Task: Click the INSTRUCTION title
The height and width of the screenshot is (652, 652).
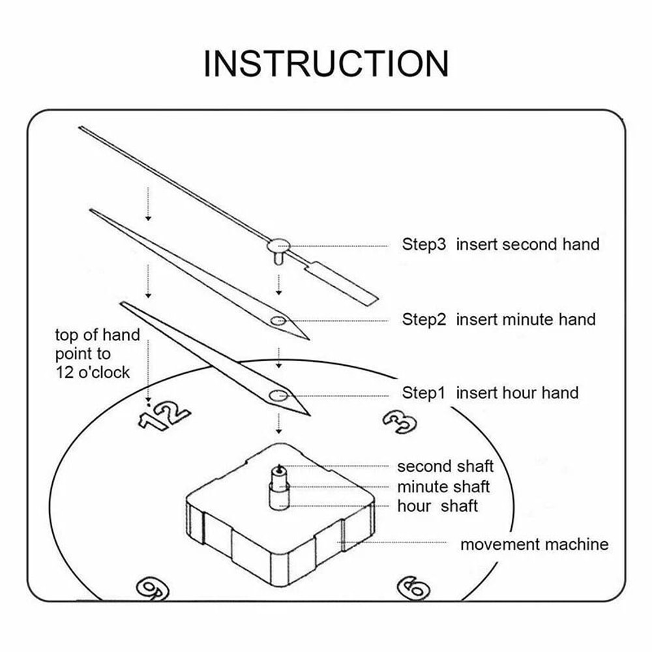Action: pyautogui.click(x=326, y=63)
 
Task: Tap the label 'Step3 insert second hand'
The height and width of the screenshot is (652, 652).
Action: pyautogui.click(x=500, y=244)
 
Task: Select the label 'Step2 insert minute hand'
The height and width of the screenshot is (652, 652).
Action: pyautogui.click(x=498, y=319)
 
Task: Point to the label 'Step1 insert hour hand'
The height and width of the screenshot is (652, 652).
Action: pyautogui.click(x=490, y=393)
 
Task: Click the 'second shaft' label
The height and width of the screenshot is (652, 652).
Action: pyautogui.click(x=445, y=466)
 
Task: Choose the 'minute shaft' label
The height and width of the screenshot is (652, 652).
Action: pyautogui.click(x=443, y=486)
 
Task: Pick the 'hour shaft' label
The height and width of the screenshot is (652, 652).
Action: pyautogui.click(x=437, y=506)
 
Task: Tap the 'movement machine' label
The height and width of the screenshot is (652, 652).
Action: pyautogui.click(x=534, y=544)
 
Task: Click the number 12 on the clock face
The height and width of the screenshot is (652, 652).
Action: pyautogui.click(x=163, y=415)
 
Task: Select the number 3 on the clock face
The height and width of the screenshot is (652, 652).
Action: pyautogui.click(x=399, y=422)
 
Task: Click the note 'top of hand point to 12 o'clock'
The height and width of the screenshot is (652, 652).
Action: pyautogui.click(x=97, y=353)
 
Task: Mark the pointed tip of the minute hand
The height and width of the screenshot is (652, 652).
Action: pyautogui.click(x=91, y=211)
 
